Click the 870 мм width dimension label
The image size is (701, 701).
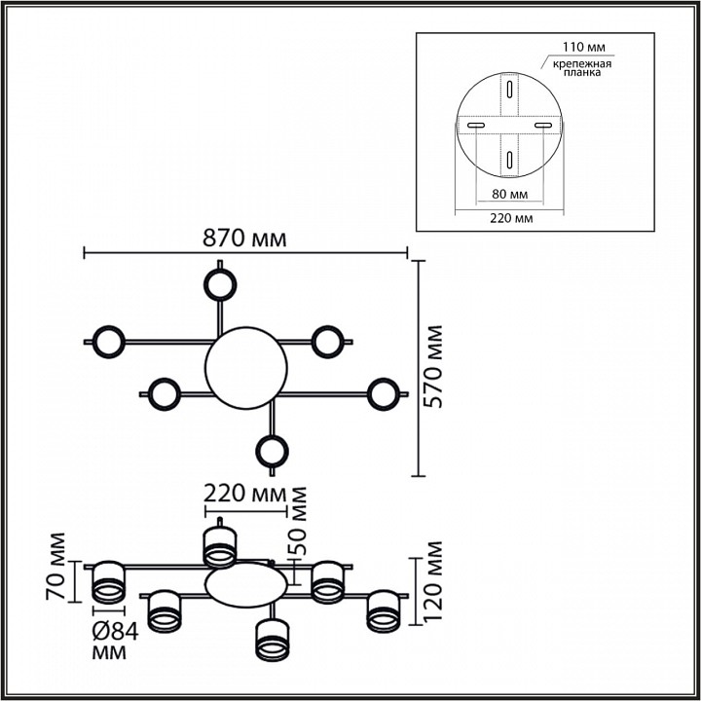pyautogui.click(x=244, y=239)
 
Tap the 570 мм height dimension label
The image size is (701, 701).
pyautogui.click(x=434, y=367)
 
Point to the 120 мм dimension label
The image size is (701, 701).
pyautogui.click(x=434, y=582)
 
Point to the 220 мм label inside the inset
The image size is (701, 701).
pyautogui.click(x=509, y=219)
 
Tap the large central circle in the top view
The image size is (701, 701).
pyautogui.click(x=246, y=367)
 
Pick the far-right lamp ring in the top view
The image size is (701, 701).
pyautogui.click(x=383, y=393)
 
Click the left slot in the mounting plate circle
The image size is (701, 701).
pyautogui.click(x=477, y=126)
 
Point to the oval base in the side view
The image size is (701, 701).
pyautogui.click(x=246, y=584)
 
